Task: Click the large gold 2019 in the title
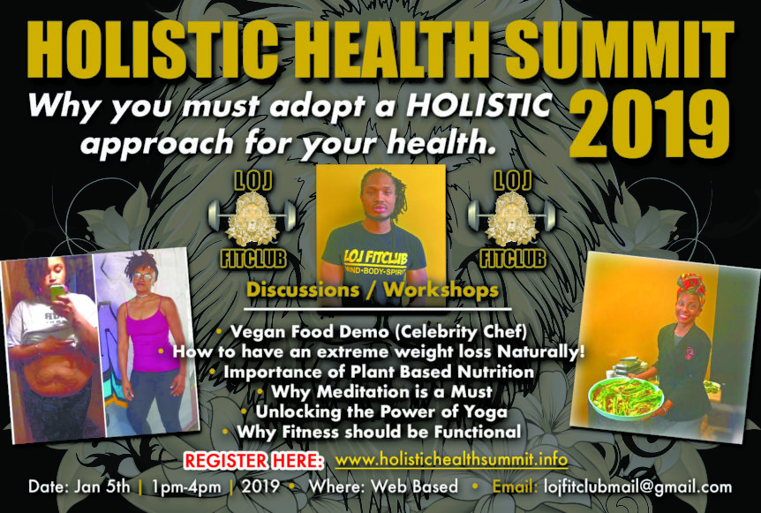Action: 650,125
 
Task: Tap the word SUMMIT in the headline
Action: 620,49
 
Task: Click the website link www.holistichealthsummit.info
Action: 451,459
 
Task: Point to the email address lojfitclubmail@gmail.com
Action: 637,487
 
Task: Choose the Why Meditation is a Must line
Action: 376,391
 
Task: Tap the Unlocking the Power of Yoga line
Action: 374,411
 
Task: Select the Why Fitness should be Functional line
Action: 373,432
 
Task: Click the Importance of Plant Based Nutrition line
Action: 373,372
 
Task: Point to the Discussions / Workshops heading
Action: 373,290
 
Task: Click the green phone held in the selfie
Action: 57,292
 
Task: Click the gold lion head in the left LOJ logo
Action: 252,217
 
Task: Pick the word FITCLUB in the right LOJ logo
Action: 513,258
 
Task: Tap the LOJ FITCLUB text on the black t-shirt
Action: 375,257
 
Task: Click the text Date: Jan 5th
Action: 79,487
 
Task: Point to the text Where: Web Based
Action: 383,487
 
